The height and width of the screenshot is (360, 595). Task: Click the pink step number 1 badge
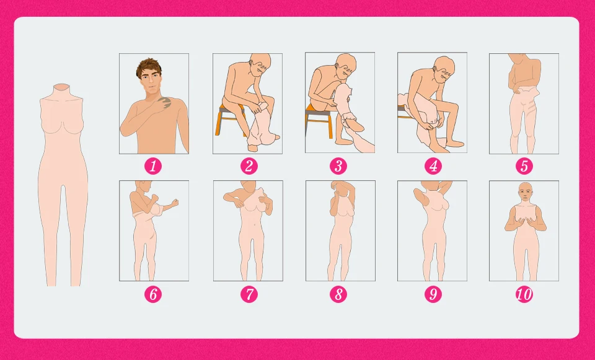[153, 166]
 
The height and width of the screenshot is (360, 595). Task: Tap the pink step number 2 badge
[249, 166]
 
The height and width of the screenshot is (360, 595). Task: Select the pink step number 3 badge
[338, 166]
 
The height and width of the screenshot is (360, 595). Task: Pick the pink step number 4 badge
[433, 166]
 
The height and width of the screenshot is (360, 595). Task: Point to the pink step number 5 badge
[524, 166]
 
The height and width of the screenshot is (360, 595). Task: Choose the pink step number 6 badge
[153, 294]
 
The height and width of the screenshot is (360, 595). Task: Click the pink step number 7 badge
[249, 294]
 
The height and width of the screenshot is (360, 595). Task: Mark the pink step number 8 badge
[338, 294]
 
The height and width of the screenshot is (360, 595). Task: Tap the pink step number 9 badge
[433, 294]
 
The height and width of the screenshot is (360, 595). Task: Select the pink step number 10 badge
[524, 294]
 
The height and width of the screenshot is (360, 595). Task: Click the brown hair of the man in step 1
[149, 66]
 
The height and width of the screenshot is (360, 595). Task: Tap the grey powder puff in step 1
[164, 103]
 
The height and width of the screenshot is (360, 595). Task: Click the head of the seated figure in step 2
[260, 65]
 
